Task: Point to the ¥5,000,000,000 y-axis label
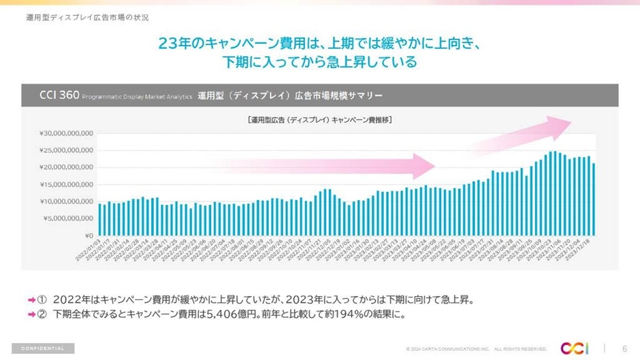point(68,218)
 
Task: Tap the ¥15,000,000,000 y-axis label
point(66,184)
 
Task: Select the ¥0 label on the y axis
point(89,235)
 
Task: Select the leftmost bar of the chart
point(100,219)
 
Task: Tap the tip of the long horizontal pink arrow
point(434,165)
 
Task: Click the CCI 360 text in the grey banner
point(60,94)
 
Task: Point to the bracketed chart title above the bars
point(324,120)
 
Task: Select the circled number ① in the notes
point(42,299)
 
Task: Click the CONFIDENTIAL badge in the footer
point(43,348)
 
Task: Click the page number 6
point(624,348)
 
